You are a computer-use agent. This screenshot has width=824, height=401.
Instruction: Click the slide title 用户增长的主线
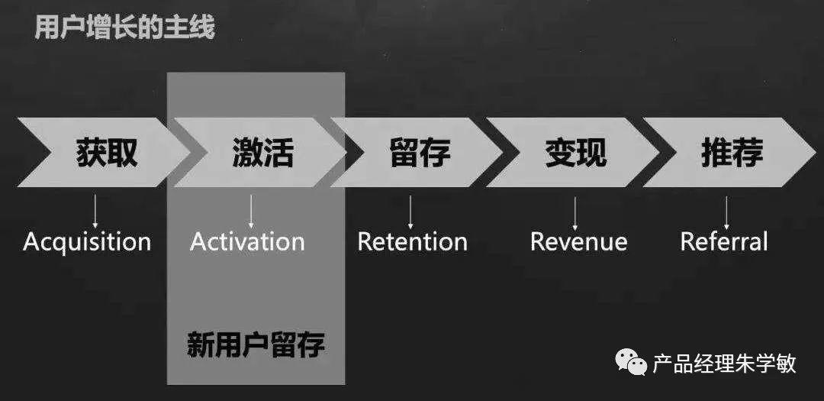coord(125,28)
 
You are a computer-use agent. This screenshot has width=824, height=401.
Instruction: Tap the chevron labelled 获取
coord(106,152)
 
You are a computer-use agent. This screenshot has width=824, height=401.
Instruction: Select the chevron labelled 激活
coord(262,152)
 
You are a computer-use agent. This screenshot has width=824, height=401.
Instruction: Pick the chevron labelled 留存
coord(419,152)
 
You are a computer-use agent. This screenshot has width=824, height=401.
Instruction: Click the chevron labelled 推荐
coord(732,152)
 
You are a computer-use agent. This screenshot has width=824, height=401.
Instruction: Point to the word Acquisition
coord(87,242)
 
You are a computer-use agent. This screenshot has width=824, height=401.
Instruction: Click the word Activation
coord(247,242)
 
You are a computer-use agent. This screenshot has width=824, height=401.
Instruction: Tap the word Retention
coord(412,242)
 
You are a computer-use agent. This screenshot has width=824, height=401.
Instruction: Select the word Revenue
coord(578,242)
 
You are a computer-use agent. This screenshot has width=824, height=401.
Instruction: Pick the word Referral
coord(723,242)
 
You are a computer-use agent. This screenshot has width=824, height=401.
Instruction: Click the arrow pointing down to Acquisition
coord(95,209)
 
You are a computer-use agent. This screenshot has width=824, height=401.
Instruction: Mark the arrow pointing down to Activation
coord(251,209)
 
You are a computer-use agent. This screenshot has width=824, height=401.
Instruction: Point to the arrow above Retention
coord(410,209)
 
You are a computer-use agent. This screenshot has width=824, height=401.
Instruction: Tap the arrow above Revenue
coord(575,209)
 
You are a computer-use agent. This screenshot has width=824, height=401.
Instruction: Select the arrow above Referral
coord(726,209)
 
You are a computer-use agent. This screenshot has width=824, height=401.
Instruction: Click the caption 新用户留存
coord(256,345)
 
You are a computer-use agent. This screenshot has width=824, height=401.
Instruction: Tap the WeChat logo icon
coord(632,362)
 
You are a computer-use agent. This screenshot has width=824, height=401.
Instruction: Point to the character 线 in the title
coord(204,28)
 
